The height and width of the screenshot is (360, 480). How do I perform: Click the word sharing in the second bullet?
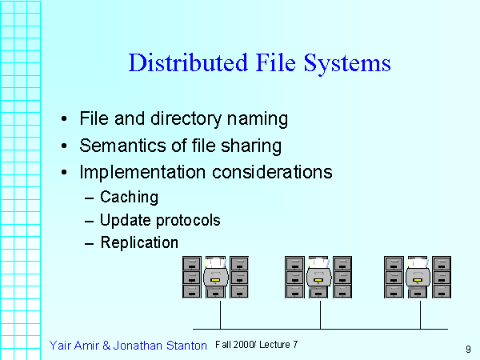pos(253,146)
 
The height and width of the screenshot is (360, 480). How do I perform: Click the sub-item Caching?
pos(129,197)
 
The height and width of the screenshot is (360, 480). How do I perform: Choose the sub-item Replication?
pos(139,242)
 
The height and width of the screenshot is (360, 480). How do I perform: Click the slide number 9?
pos(467,349)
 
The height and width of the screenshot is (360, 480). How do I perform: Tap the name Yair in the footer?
pos(62,345)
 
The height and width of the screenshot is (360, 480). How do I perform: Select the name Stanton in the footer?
pos(185,345)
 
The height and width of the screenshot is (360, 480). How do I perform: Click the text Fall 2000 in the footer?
pos(234,344)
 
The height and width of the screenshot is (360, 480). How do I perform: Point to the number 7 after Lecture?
pos(295,344)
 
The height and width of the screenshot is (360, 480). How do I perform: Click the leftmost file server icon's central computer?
pos(216,277)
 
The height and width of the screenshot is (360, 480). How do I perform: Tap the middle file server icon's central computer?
pos(318,277)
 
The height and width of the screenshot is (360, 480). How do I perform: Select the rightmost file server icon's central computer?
pos(418,277)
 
